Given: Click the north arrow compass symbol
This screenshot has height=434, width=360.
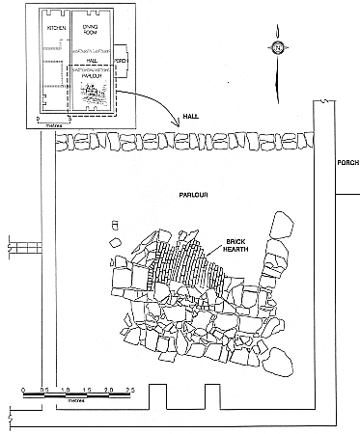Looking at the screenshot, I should pyautogui.click(x=277, y=48).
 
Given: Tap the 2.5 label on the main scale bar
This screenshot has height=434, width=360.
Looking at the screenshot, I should pyautogui.click(x=128, y=391).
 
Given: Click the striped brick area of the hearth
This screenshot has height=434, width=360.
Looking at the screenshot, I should pyautogui.click(x=193, y=260).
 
